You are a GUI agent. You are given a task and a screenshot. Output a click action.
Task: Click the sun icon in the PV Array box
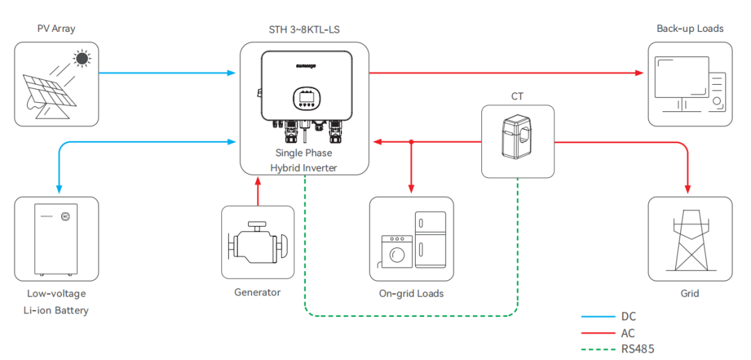(x=83, y=59)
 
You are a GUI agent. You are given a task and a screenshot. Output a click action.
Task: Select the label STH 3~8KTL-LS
(x=304, y=29)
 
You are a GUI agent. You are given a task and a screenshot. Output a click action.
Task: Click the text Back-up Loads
(x=690, y=28)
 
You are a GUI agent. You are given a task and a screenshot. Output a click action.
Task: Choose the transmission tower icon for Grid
(x=689, y=240)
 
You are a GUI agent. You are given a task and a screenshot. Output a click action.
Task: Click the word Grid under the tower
(x=689, y=293)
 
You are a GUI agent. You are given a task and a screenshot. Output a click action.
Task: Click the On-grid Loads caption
(x=411, y=293)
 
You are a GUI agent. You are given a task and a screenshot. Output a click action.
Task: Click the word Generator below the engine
(x=257, y=292)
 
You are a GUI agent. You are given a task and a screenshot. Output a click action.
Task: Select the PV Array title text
(x=56, y=29)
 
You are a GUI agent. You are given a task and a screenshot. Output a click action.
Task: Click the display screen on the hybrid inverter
(x=304, y=97)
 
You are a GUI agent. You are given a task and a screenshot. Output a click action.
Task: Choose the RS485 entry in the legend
(x=638, y=349)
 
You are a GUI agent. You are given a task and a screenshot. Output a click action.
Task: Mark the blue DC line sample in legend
(x=597, y=317)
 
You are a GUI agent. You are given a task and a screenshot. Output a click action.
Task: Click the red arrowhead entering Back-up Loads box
(x=640, y=72)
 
